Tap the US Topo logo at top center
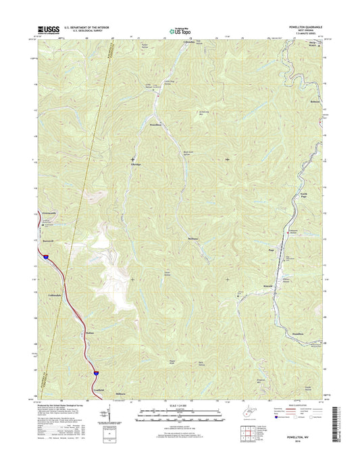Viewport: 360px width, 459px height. pyautogui.click(x=180, y=30)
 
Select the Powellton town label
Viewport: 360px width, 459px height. pyautogui.click(x=155, y=125)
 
